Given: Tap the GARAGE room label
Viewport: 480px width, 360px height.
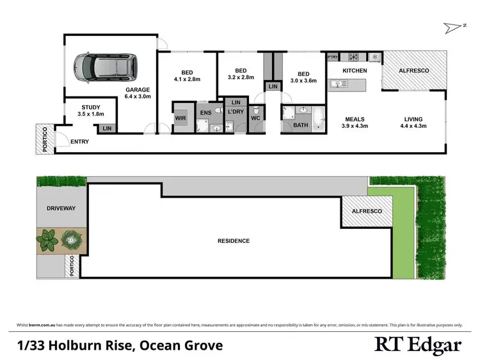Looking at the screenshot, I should (138, 90).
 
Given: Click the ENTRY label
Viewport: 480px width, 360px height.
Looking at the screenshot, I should (80, 141).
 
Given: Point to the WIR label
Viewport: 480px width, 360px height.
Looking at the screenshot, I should (180, 118).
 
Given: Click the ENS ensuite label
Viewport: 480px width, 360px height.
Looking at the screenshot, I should (205, 113).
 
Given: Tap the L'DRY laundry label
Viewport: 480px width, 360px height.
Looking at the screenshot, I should (235, 113).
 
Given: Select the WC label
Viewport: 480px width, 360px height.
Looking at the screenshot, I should (255, 118).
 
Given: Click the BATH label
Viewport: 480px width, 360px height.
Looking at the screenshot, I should (301, 125).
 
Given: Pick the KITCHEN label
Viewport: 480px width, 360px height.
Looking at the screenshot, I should (355, 70).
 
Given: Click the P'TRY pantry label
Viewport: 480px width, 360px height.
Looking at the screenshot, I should (333, 58).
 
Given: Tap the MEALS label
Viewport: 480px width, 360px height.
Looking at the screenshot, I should (355, 118).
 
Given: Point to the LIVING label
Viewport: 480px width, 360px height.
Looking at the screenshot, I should (415, 118).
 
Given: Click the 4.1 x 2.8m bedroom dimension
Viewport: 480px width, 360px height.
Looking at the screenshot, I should (187, 79).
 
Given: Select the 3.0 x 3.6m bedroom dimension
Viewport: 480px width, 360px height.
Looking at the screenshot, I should (304, 81).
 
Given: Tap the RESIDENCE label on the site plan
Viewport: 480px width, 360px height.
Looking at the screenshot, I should (234, 241).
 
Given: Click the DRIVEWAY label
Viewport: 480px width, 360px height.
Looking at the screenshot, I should (61, 208).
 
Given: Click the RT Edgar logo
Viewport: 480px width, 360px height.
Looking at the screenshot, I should (417, 345).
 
